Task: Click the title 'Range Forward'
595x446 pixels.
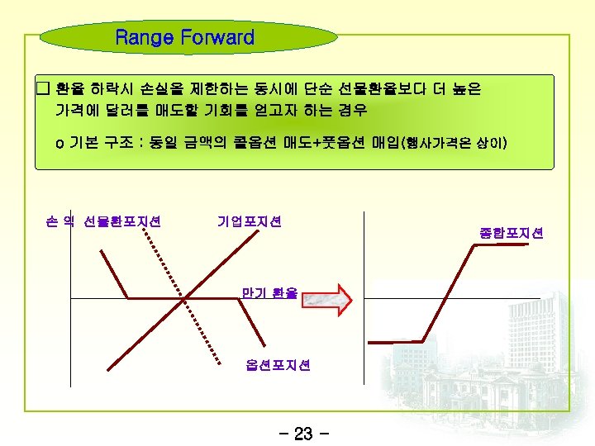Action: coord(185,38)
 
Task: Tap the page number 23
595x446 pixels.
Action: coord(303,433)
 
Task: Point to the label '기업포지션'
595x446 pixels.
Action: coord(250,221)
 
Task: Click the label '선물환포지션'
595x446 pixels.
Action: coord(122,221)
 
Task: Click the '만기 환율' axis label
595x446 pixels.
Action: coord(269,292)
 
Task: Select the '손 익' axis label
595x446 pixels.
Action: coord(60,221)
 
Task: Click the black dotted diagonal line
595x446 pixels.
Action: coord(183,293)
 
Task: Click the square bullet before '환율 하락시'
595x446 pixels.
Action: coord(43,88)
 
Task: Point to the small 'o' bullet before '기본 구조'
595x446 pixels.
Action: coord(59,145)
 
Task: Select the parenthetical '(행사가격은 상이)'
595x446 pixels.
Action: coord(455,145)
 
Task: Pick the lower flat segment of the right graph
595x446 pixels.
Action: coord(396,339)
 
